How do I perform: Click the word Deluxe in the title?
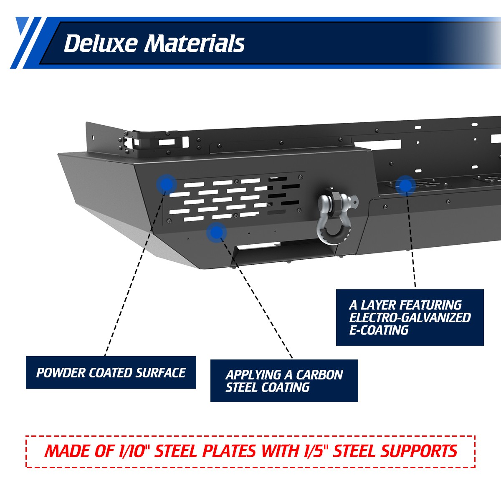point(101,43)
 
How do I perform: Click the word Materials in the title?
point(195,43)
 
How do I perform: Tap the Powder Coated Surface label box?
point(111,372)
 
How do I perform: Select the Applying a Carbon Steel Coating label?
point(284,381)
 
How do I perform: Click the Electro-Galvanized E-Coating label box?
point(410,317)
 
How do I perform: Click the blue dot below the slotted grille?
point(217,232)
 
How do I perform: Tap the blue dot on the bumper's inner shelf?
point(405,186)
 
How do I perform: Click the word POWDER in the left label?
point(61,372)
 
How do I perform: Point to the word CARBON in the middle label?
point(319,374)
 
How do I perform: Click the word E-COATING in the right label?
point(379,330)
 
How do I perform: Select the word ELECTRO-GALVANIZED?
point(410,317)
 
